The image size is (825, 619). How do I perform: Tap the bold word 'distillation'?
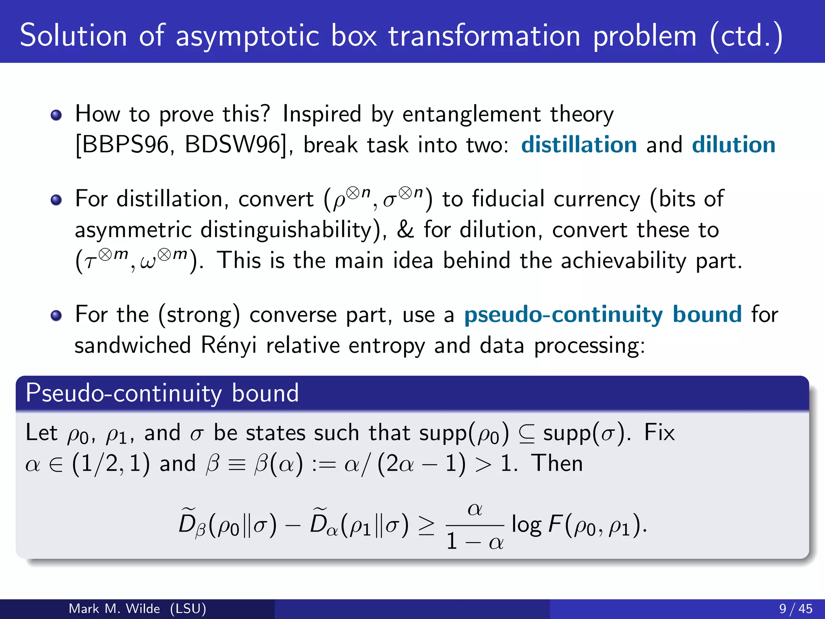(x=579, y=145)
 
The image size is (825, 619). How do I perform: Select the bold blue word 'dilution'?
(x=734, y=145)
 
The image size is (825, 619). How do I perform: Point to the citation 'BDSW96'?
(x=233, y=145)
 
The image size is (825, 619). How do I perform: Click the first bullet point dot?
(x=56, y=116)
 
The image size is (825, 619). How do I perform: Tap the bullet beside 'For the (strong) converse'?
(x=56, y=316)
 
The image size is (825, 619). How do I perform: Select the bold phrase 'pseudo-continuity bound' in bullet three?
(x=603, y=315)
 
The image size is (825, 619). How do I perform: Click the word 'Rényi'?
(x=228, y=345)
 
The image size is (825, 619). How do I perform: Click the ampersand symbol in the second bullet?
(x=405, y=230)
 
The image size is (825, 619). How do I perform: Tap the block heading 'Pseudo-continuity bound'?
(x=162, y=393)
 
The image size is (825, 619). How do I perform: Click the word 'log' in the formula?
(x=526, y=526)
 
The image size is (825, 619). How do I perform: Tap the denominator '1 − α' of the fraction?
(x=475, y=541)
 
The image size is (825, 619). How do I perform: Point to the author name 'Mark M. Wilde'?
(x=114, y=609)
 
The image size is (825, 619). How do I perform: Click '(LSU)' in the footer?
(x=188, y=609)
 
